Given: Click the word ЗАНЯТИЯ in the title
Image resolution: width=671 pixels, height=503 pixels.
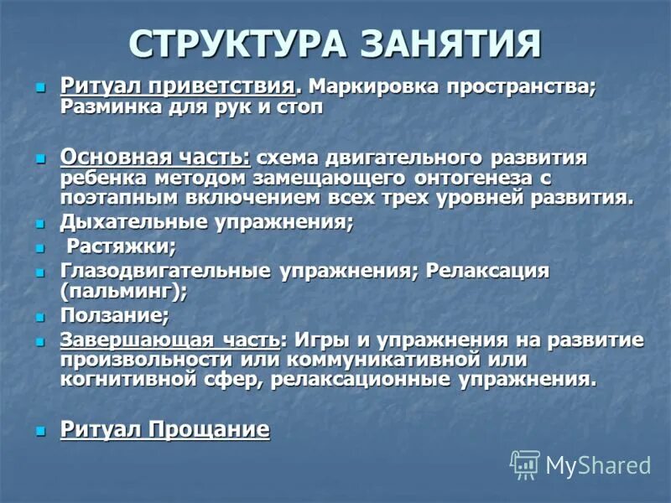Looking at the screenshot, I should click(453, 44).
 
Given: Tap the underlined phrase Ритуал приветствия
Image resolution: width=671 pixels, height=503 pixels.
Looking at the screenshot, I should click(178, 87).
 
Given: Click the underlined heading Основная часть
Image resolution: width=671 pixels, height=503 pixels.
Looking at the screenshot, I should click(155, 158).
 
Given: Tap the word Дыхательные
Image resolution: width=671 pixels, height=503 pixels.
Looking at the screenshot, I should click(130, 224).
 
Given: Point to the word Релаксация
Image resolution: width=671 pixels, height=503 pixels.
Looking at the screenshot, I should click(486, 272).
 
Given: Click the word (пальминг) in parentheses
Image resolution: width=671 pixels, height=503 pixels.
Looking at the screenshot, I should click(123, 292).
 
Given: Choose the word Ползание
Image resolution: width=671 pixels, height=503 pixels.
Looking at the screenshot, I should click(114, 316).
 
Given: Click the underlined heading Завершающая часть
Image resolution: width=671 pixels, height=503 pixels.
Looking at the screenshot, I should click(169, 340).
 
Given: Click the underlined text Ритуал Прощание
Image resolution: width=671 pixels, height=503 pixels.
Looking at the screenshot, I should click(164, 430).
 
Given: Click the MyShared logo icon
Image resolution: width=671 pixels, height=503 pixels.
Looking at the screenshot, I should click(525, 464).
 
